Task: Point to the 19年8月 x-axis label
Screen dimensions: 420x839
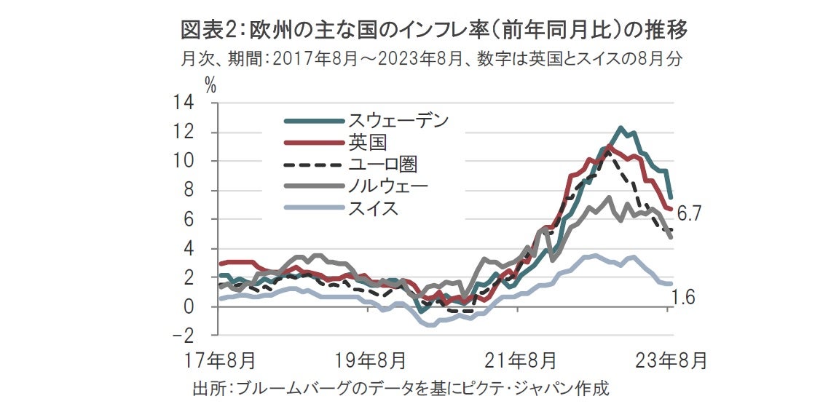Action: point(367,359)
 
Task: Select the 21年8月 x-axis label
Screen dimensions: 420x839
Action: point(519,359)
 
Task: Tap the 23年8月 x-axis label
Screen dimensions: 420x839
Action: point(668,359)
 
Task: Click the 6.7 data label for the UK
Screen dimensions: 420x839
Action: point(689,214)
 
